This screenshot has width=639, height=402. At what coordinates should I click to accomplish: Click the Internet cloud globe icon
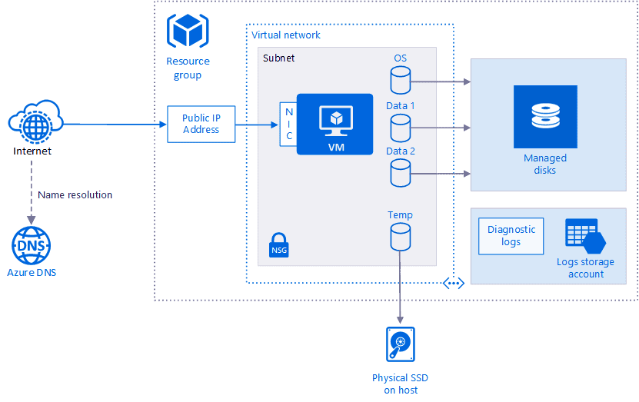click(x=34, y=122)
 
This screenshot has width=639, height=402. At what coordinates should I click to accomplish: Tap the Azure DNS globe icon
click(x=32, y=246)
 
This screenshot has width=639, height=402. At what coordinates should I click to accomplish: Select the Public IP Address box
click(x=201, y=124)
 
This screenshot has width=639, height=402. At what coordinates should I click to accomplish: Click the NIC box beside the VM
click(x=289, y=124)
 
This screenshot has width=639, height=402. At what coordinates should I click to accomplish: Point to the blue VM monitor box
click(x=334, y=124)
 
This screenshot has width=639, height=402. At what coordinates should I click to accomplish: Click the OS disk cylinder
click(x=400, y=79)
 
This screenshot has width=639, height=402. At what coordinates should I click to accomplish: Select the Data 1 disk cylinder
click(x=400, y=127)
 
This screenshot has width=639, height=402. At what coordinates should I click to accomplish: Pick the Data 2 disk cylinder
click(x=400, y=173)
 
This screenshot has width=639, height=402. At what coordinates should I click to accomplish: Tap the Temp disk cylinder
click(x=400, y=237)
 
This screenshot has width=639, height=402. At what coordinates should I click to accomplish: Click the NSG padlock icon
click(x=278, y=244)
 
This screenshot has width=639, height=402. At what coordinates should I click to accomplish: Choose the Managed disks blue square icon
click(x=545, y=117)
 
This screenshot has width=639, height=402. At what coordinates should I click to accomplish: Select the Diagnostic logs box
click(x=511, y=236)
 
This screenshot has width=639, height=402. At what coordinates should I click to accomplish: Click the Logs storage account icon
click(x=585, y=236)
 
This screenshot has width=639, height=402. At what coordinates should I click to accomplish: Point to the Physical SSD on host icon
click(x=400, y=344)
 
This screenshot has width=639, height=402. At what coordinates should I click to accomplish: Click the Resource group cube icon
click(x=187, y=32)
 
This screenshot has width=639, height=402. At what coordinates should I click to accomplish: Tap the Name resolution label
click(x=75, y=195)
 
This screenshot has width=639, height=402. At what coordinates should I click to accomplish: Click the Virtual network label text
click(x=286, y=35)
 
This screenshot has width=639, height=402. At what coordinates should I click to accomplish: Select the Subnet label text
click(x=278, y=58)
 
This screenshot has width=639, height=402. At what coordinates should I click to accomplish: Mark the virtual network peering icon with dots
click(x=454, y=284)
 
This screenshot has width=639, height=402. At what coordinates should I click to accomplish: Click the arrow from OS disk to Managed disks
click(x=441, y=80)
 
